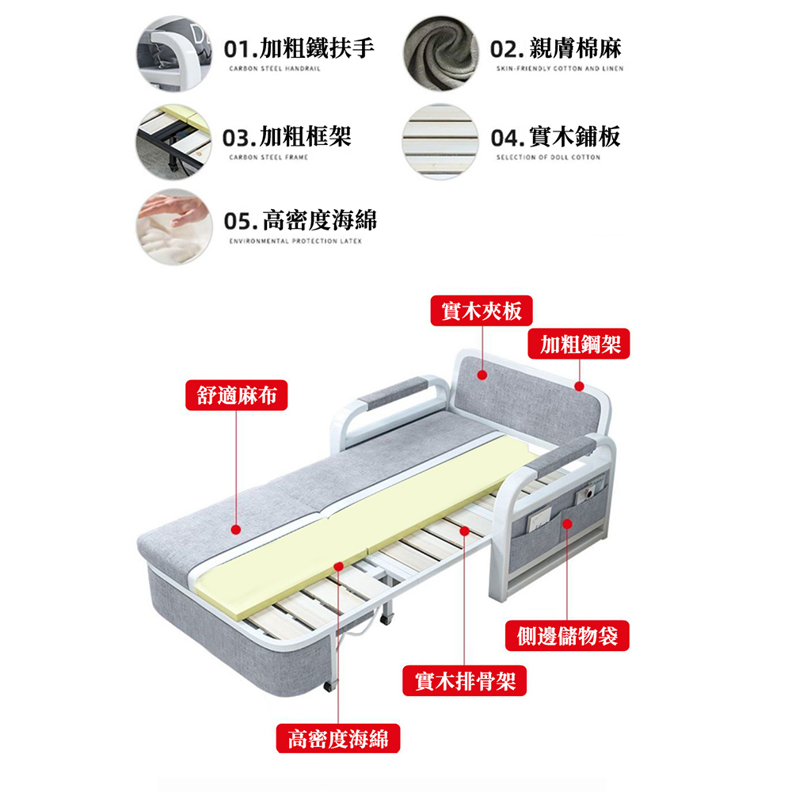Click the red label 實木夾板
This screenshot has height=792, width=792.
click(x=482, y=310)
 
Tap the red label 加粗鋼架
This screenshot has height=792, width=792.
click(x=579, y=344)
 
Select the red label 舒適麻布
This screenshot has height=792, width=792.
click(x=236, y=395)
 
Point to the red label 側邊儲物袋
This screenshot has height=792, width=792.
click(x=567, y=635)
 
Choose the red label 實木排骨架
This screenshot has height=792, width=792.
click(x=465, y=681)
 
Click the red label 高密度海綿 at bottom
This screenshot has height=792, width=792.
click(x=338, y=738)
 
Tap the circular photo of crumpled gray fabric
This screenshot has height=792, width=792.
click(x=440, y=53)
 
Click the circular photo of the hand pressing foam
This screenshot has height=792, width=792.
click(x=174, y=227)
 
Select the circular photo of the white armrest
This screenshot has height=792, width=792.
click(x=174, y=53)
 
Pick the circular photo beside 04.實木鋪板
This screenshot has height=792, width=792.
click(x=440, y=142)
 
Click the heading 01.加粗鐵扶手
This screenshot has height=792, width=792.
click(x=299, y=48)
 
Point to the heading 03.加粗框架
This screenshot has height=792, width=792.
click(x=287, y=137)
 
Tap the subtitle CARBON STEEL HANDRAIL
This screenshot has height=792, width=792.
click(x=275, y=69)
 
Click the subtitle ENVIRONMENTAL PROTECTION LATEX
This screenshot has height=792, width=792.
click(x=295, y=242)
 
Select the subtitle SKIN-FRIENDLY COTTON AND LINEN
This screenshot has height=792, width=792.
click(x=560, y=69)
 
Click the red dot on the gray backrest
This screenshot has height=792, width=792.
click(x=482, y=375)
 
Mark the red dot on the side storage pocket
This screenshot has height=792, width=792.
click(x=567, y=524)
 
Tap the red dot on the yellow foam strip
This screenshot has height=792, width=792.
click(x=338, y=566)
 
